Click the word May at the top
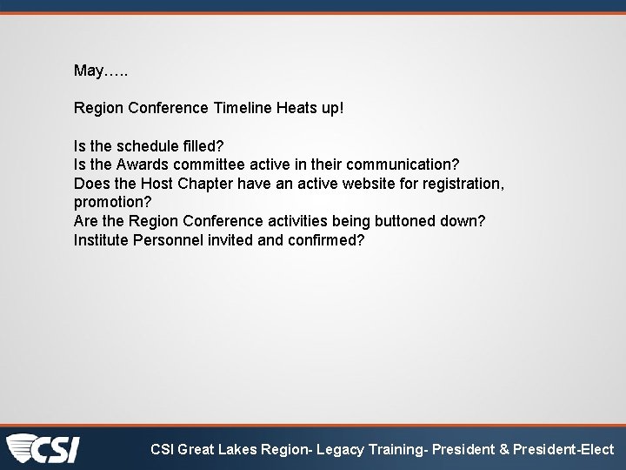pyautogui.click(x=88, y=70)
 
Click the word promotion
pyautogui.click(x=112, y=202)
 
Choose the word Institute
pyautogui.click(x=101, y=239)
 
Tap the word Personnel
pyautogui.click(x=169, y=239)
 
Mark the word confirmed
pyautogui.click(x=329, y=239)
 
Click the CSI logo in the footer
pyautogui.click(x=43, y=449)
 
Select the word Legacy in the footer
pyautogui.click(x=346, y=450)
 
